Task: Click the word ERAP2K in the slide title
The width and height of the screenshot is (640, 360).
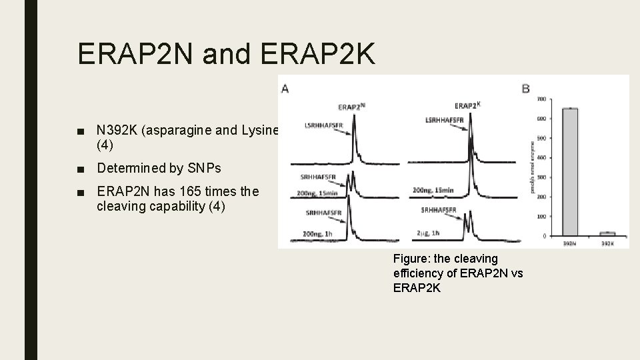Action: click(x=319, y=54)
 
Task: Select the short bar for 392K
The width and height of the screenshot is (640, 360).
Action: click(x=606, y=233)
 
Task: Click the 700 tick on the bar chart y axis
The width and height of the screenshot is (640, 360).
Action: click(x=541, y=99)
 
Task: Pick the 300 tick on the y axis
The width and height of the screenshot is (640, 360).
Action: click(x=541, y=177)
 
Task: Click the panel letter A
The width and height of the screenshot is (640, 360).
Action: click(x=285, y=89)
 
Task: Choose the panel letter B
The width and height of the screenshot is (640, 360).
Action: click(x=525, y=89)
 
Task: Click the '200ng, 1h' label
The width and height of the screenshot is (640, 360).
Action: click(x=317, y=233)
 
